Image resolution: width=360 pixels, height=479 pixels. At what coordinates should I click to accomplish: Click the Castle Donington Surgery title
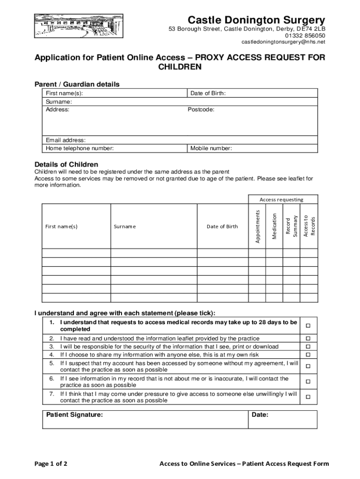[x=256, y=20]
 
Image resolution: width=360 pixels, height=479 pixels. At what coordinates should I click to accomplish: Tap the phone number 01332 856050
[x=308, y=36]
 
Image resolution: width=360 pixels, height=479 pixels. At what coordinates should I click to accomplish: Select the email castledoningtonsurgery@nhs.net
[x=283, y=42]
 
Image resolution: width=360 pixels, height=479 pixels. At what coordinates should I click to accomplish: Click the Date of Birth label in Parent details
[x=208, y=93]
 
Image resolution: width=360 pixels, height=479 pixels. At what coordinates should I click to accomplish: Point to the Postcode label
[x=201, y=109]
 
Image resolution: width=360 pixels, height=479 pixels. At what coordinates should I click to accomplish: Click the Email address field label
[x=65, y=140]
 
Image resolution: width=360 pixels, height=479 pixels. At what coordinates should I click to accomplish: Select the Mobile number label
[x=211, y=148]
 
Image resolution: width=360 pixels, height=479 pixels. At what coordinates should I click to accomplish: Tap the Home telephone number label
[x=79, y=148]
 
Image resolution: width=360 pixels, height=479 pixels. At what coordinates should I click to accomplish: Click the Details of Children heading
[x=66, y=164]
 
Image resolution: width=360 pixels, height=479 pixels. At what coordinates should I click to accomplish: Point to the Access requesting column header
[x=281, y=199]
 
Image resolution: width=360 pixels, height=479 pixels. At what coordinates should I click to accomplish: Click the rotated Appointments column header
[x=257, y=226]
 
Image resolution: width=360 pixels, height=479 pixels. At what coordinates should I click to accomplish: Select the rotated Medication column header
[x=274, y=226]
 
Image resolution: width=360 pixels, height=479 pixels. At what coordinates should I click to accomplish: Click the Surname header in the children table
[x=124, y=226]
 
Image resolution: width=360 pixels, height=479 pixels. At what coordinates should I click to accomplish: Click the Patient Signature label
[x=75, y=414]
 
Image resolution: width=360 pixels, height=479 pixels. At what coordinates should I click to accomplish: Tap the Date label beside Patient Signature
[x=260, y=414]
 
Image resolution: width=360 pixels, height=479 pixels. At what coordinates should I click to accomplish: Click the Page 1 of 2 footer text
[x=51, y=464]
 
